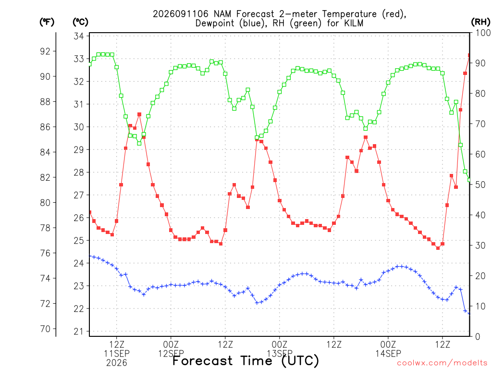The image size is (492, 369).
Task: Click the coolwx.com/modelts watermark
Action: [442, 363]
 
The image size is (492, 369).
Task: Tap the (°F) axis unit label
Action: [47, 22]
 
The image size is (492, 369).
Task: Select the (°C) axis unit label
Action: [80, 22]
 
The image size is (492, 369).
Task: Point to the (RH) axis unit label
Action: [480, 22]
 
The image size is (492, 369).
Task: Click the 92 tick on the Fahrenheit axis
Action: [45, 51]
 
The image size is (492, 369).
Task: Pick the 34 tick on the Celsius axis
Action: [79, 36]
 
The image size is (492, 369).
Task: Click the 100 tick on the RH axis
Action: [483, 33]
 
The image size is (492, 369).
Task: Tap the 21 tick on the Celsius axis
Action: [79, 332]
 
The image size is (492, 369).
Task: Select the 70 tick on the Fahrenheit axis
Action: [45, 329]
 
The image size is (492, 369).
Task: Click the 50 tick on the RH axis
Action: [480, 184]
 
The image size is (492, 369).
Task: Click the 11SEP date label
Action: [117, 354]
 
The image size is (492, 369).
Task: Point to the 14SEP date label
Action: [388, 354]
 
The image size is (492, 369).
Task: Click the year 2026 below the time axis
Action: [117, 363]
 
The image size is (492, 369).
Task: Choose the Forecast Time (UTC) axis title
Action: [246, 361]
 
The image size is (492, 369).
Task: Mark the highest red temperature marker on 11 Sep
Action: [139, 114]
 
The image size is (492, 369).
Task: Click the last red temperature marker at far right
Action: [469, 55]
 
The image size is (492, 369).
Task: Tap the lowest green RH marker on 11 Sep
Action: [139, 143]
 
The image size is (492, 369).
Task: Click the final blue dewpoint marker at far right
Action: [469, 313]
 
